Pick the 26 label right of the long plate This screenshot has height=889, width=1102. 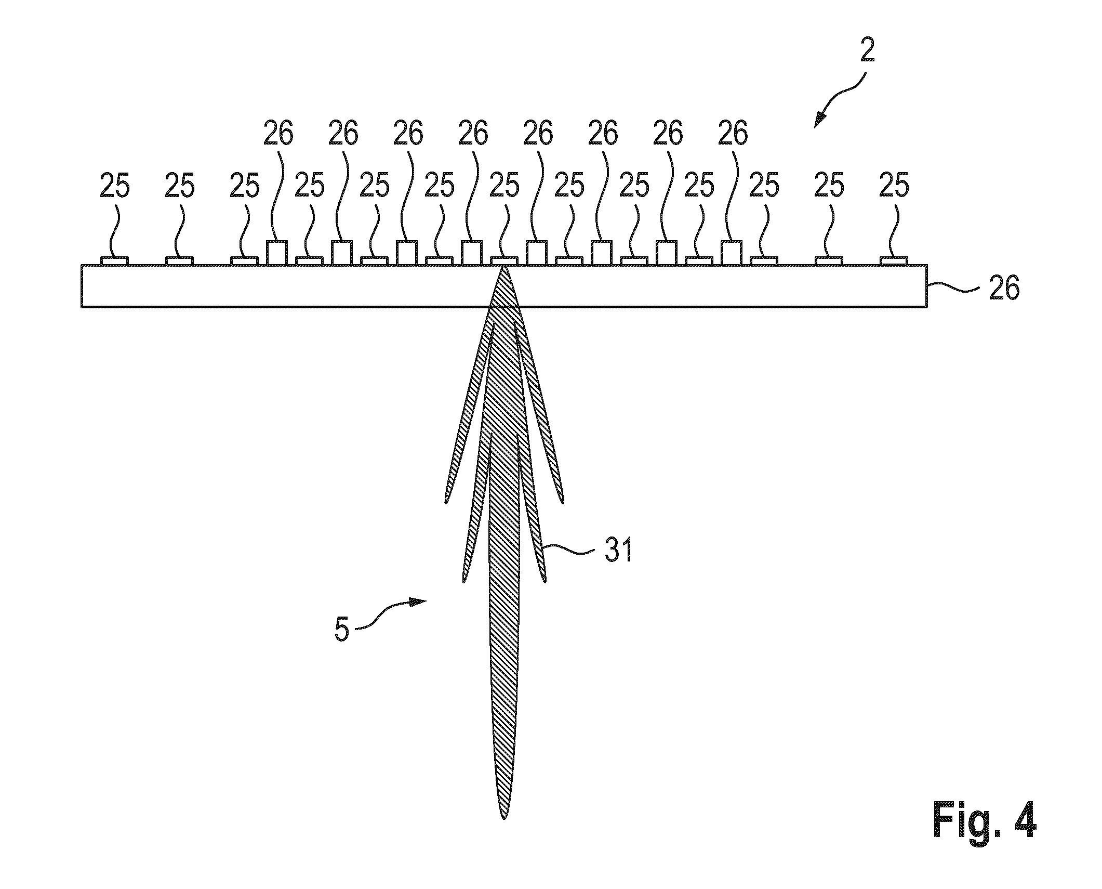[x=1004, y=289]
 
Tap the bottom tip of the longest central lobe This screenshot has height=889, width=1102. [x=503, y=819]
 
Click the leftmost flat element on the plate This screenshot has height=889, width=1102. [x=114, y=261]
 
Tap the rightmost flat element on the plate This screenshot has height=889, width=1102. [x=894, y=261]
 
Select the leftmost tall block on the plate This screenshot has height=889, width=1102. [x=277, y=253]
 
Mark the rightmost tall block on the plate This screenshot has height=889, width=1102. [x=732, y=253]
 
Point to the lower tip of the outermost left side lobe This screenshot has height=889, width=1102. [x=446, y=502]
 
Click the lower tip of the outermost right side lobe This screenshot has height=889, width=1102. [x=562, y=502]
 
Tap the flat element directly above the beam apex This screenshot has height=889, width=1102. [x=504, y=261]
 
